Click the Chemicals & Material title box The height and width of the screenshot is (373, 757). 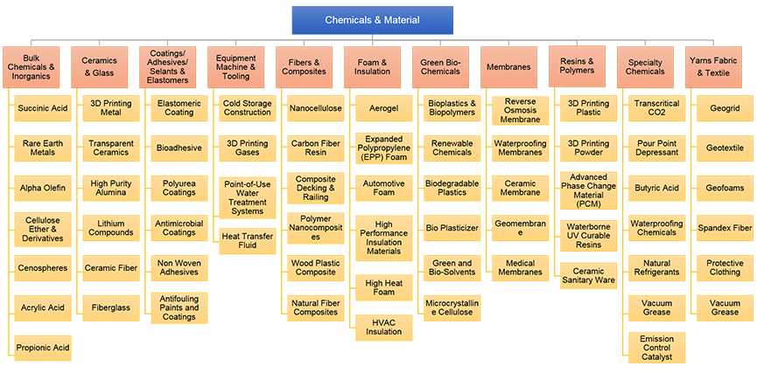pos(372,20)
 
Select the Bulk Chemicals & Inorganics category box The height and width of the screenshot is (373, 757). pos(31,66)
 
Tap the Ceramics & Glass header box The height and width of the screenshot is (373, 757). pos(99,66)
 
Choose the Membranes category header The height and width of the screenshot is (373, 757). pos(509,66)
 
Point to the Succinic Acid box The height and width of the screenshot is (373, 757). pos(42,108)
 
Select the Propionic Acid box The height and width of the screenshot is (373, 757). pos(42,348)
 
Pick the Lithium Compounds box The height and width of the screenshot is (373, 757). pos(110,227)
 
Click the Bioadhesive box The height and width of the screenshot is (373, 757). pos(179,149)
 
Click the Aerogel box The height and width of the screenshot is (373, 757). pos(383,108)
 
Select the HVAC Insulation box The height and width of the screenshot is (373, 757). pos(383,327)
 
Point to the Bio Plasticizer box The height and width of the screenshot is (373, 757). pos(452,227)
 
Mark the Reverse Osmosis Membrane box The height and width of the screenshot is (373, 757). pos(521,109)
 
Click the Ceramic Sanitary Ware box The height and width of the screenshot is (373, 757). pos(588,276)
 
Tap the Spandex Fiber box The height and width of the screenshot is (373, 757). pos(725,227)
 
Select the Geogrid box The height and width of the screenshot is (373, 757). pos(725,108)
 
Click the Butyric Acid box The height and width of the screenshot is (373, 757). pos(656,188)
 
